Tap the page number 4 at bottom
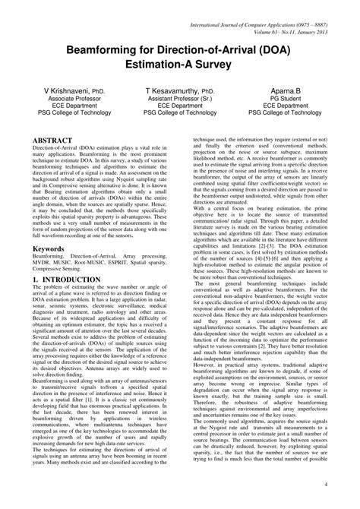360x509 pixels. click(x=347, y=485)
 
